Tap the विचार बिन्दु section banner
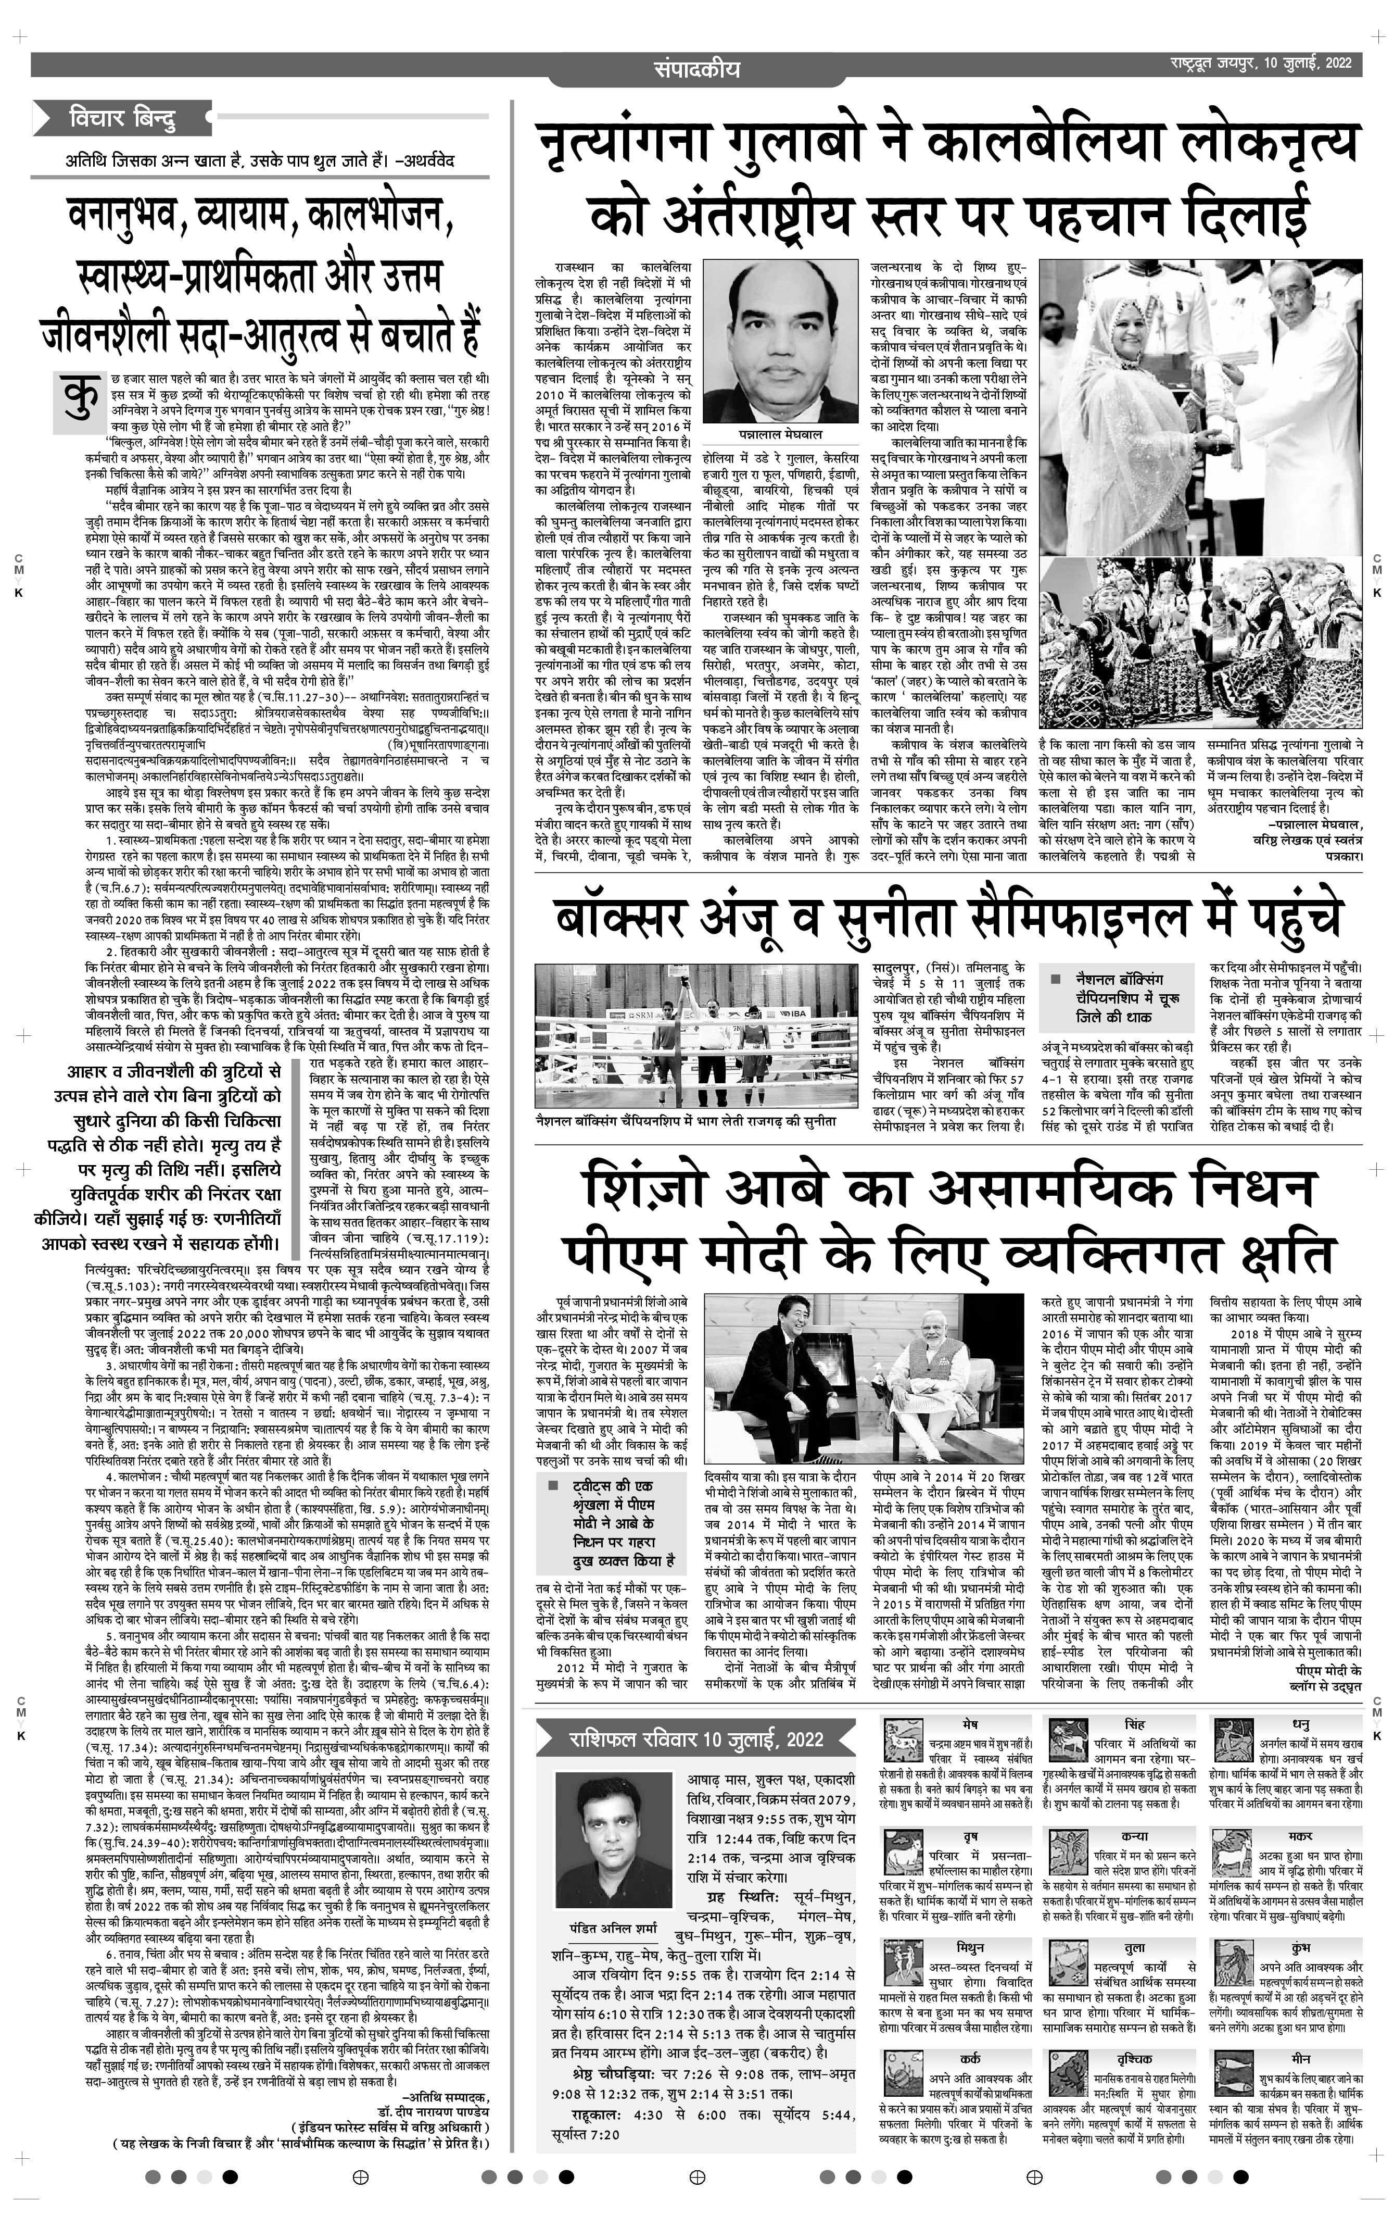coord(122,118)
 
